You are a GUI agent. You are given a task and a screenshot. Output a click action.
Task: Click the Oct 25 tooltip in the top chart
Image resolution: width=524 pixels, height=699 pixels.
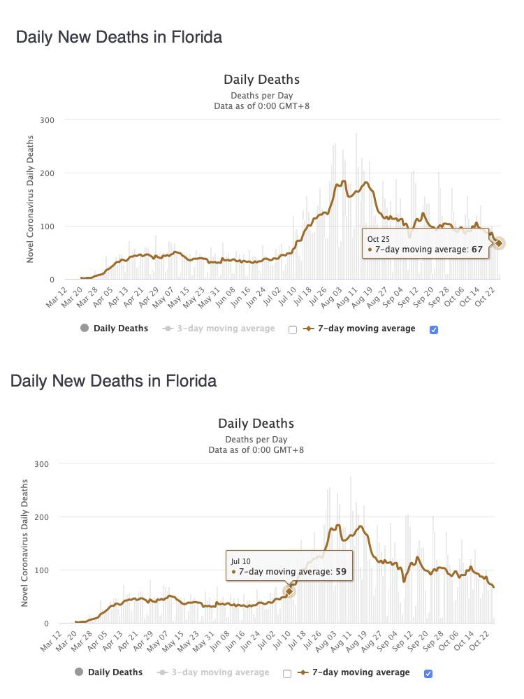click(425, 244)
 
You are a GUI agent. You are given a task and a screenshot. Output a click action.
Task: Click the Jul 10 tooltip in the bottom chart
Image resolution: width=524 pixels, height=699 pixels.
click(289, 565)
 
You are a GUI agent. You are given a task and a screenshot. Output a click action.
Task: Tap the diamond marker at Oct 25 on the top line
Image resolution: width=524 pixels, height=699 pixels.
click(499, 243)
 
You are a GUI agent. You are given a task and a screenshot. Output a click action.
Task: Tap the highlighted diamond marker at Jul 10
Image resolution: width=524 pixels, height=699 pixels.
click(289, 591)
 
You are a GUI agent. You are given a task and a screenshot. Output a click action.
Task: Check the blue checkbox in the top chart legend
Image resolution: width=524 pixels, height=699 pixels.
click(434, 330)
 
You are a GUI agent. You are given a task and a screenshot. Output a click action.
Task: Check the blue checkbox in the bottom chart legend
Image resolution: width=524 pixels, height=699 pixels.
click(428, 674)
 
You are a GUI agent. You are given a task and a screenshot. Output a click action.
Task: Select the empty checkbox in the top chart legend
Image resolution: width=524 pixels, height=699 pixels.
click(293, 330)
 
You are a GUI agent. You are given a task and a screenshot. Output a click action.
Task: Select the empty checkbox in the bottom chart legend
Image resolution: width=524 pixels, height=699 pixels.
click(287, 674)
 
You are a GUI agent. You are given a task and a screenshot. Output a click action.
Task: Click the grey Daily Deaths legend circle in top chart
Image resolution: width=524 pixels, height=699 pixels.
click(85, 328)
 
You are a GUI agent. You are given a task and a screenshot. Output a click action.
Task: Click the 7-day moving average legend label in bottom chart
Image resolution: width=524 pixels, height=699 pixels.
click(361, 672)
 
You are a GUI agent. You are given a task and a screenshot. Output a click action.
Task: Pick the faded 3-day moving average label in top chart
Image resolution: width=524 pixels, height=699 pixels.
click(226, 329)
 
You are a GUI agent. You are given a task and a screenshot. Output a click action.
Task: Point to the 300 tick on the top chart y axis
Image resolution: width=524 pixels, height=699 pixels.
click(47, 120)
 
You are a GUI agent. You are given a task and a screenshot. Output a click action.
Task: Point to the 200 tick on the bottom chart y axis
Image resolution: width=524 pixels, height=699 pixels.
click(41, 517)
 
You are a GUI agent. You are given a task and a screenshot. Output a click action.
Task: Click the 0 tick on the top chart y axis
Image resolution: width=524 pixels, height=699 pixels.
click(52, 280)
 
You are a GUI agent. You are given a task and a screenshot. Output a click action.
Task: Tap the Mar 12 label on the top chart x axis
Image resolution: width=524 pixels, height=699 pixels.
click(57, 298)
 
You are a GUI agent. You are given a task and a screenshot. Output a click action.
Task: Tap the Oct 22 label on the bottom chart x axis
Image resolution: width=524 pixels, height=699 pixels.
click(480, 641)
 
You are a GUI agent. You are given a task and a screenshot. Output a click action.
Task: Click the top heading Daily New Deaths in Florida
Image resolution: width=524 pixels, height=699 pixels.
click(119, 37)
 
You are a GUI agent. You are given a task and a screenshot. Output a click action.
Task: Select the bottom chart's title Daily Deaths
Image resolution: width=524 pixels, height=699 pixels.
click(256, 423)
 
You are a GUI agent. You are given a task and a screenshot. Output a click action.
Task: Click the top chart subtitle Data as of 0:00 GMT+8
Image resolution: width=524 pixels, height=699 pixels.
click(261, 106)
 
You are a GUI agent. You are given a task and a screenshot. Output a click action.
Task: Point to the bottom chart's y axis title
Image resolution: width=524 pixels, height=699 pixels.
click(24, 543)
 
